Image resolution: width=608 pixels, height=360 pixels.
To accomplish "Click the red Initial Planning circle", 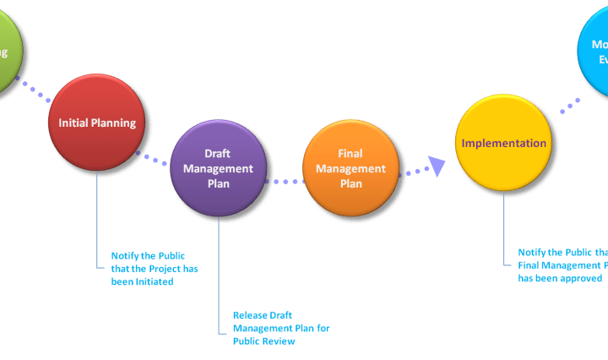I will tap(97, 123).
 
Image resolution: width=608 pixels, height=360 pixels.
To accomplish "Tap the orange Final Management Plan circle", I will tap(350, 169).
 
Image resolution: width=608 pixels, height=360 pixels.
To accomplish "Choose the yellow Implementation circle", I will tap(503, 143).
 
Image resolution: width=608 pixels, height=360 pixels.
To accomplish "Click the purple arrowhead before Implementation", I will tap(436, 166).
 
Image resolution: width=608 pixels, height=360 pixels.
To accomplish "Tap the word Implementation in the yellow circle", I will tap(503, 143).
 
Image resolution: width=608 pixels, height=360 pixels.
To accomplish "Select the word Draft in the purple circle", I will tap(218, 154).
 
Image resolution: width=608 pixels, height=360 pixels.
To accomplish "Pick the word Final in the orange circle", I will tap(350, 154).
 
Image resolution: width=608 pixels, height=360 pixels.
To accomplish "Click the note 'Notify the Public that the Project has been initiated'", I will tap(148, 269).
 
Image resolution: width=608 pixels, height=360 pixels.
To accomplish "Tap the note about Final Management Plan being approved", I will tap(562, 265).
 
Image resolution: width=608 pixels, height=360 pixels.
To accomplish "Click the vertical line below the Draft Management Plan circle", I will tap(218, 270).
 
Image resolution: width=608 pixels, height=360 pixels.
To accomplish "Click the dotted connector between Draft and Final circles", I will tap(284, 181).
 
